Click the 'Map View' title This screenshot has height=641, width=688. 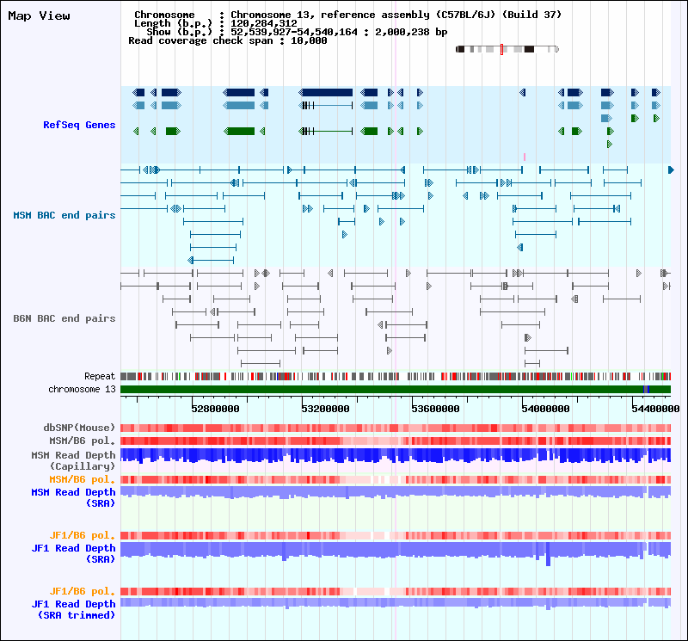click(x=39, y=16)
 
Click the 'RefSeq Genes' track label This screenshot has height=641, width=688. click(x=79, y=125)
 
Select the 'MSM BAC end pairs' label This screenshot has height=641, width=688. click(x=64, y=216)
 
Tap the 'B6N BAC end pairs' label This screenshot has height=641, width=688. click(x=64, y=318)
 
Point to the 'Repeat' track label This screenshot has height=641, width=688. click(x=100, y=376)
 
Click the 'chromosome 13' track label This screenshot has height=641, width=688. click(x=82, y=389)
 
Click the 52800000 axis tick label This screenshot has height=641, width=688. click(x=216, y=410)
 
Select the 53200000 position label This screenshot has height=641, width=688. click(x=326, y=410)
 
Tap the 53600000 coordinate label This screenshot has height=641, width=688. click(x=436, y=410)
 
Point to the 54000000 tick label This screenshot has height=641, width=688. click(x=546, y=410)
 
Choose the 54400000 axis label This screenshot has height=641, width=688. click(x=656, y=410)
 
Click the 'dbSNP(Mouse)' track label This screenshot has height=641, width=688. click(x=79, y=428)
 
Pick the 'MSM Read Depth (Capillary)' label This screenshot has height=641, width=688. click(x=74, y=460)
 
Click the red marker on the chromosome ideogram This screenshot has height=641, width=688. click(x=501, y=49)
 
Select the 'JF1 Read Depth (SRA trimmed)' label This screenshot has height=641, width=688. click(x=74, y=610)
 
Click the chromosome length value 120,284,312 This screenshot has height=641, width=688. click(x=264, y=23)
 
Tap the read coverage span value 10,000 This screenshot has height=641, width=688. click(x=309, y=40)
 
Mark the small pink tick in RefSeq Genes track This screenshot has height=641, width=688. click(x=525, y=157)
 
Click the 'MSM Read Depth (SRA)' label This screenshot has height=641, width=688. click(x=74, y=498)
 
